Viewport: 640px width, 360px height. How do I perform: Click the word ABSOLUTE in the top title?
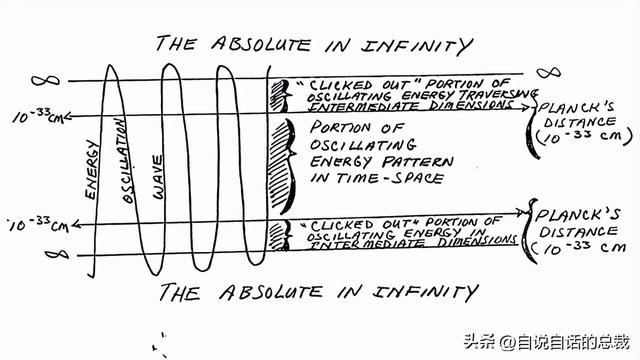pos(260,44)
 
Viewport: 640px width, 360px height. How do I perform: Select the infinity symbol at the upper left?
pos(45,80)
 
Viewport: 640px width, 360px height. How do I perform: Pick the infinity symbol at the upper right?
pos(549,73)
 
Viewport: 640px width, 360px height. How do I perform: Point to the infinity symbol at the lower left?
pos(57,255)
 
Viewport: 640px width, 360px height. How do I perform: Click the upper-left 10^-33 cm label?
pos(38,116)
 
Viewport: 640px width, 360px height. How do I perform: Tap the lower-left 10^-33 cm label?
pos(39,224)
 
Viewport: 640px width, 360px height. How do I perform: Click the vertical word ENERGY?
pos(91,169)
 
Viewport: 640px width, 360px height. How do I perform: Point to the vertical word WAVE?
pos(158,177)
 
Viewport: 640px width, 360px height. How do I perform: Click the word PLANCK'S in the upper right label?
pos(576,108)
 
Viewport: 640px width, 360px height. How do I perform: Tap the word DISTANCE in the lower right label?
pos(578,231)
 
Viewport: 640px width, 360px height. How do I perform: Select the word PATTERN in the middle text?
pos(418,162)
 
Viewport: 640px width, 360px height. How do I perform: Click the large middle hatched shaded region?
pos(280,167)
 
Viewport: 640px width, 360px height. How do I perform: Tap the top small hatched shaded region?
pos(278,96)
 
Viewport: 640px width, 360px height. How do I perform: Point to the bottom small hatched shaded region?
pos(277,236)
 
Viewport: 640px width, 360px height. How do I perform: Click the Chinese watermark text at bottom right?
pos(547,342)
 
